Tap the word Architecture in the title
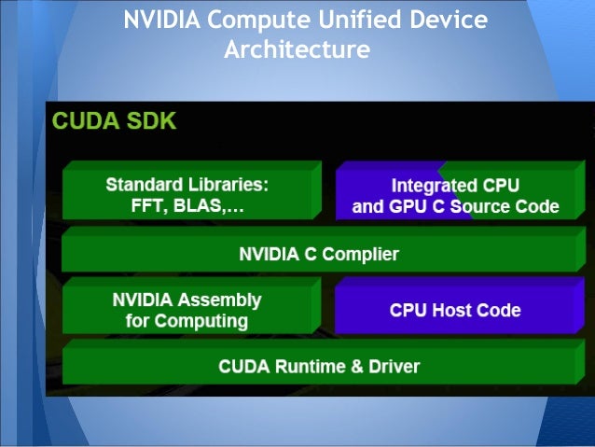pos(297,48)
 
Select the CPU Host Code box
pos(455,310)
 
